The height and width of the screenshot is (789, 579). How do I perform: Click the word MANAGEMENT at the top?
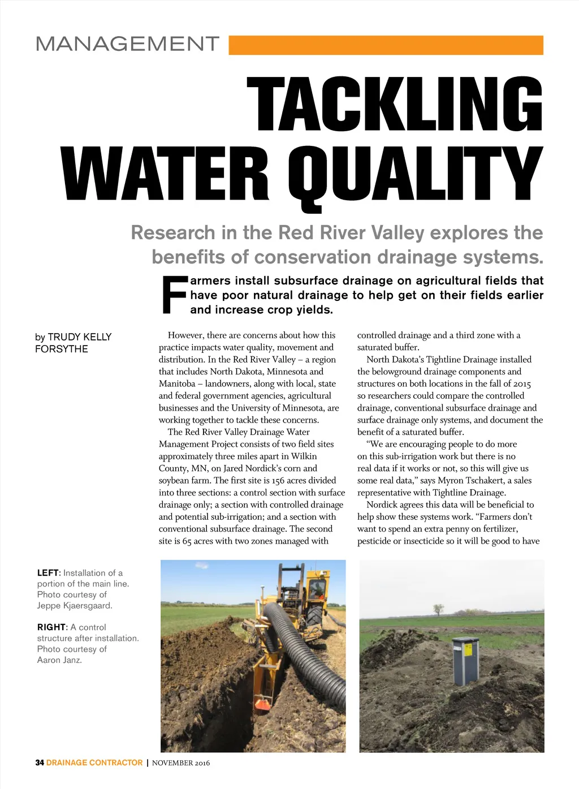pyautogui.click(x=127, y=44)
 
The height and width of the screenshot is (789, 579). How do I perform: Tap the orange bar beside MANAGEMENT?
pyautogui.click(x=386, y=45)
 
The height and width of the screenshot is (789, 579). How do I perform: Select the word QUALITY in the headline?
pyautogui.click(x=415, y=175)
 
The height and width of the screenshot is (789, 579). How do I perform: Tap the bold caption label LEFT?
pyautogui.click(x=49, y=573)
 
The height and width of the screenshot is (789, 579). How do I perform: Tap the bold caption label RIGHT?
pyautogui.click(x=52, y=627)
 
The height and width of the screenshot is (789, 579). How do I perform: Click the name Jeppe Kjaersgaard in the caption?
pyautogui.click(x=75, y=606)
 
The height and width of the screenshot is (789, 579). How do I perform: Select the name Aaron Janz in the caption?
pyautogui.click(x=59, y=660)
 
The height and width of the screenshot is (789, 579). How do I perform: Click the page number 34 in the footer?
pyautogui.click(x=40, y=763)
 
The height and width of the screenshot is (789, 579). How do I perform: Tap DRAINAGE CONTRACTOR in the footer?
pyautogui.click(x=94, y=763)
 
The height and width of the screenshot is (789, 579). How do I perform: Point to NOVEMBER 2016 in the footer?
pyautogui.click(x=181, y=763)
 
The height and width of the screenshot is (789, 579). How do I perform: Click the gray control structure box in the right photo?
pyautogui.click(x=465, y=661)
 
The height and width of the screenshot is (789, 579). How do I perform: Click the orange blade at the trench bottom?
pyautogui.click(x=262, y=704)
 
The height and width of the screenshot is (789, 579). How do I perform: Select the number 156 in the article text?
pyautogui.click(x=278, y=480)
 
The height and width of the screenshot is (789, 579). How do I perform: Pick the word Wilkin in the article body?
pyautogui.click(x=304, y=456)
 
